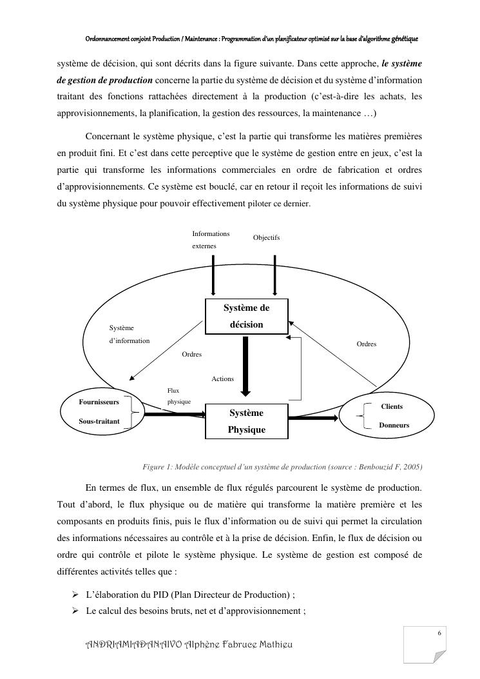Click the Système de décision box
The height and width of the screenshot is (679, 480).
pos(246,316)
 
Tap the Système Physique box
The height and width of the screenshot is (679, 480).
pos(246,420)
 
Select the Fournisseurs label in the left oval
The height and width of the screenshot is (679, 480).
pos(99,402)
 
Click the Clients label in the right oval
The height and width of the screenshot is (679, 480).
pos(392,407)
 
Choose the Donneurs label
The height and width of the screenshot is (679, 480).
pos(394,426)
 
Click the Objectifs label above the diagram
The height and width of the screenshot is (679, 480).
pos(266,238)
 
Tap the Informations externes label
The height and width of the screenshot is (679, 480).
pos(211,239)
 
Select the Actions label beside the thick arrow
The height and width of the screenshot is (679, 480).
pos(223,379)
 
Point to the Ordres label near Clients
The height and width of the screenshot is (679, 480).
pos(367,344)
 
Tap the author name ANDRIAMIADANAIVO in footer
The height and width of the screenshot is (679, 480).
pos(133,645)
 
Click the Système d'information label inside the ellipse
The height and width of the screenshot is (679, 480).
pos(129,334)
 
